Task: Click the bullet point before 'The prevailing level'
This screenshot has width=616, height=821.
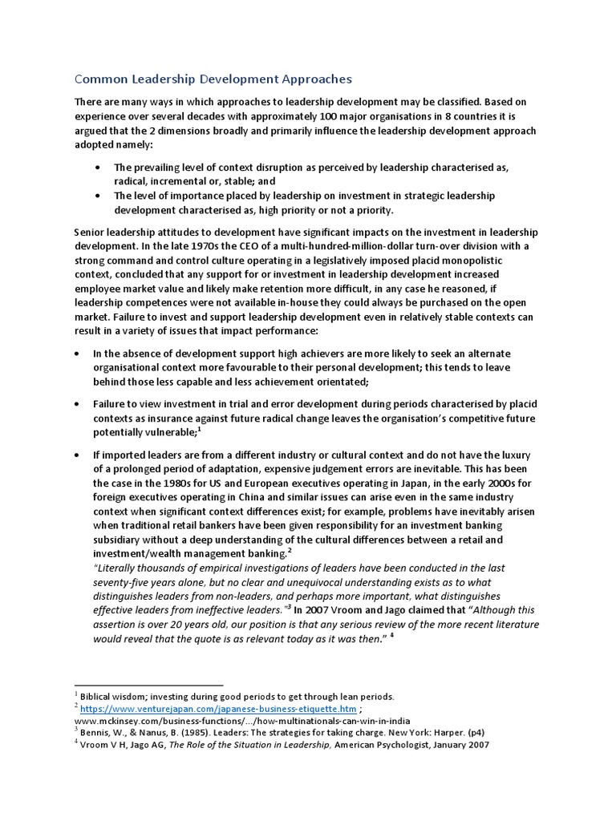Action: [98, 168]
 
